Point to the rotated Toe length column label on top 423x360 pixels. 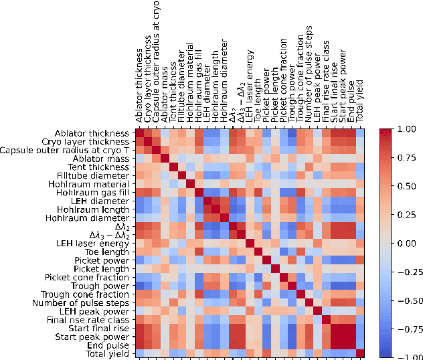coord(258,104)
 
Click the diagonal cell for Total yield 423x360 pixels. coord(360,353)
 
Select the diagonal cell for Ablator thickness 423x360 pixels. coord(139,132)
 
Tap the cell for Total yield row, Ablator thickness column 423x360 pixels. coord(139,353)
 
